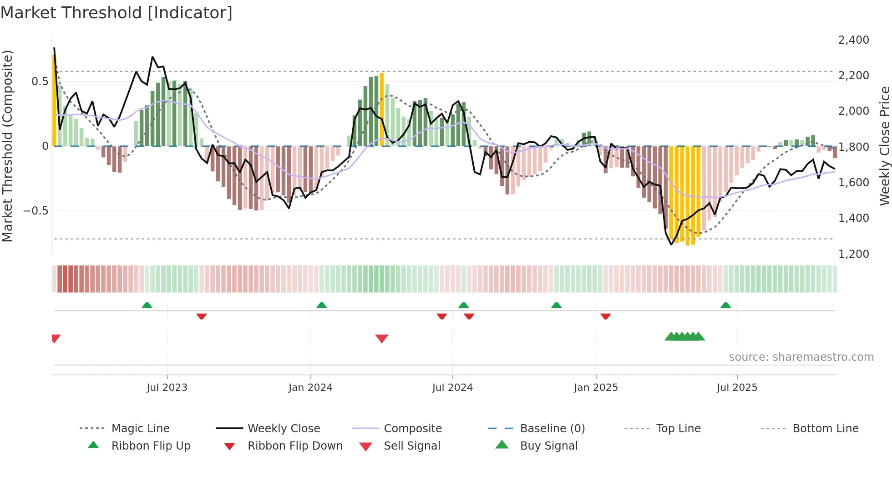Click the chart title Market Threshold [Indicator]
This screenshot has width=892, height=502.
pos(117,13)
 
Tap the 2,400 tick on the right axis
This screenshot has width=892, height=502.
pos(853,40)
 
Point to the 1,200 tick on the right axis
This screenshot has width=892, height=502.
pos(853,254)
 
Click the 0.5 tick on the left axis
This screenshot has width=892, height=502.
pos(40,82)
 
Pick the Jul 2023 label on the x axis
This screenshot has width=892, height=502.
pos(167,388)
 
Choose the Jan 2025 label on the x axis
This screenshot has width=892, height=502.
pos(596,388)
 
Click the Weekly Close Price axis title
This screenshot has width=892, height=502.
pos(884,146)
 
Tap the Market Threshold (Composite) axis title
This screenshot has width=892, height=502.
pos(7,146)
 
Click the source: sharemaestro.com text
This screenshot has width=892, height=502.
pos(801,357)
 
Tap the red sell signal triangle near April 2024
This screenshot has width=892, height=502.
pos(382,338)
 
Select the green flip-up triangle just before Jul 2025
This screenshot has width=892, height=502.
pos(725,305)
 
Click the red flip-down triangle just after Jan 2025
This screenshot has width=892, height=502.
pos(605,316)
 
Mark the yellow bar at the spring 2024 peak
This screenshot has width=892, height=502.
pos(382,109)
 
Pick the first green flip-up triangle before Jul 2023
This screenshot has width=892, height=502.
pos(147,305)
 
